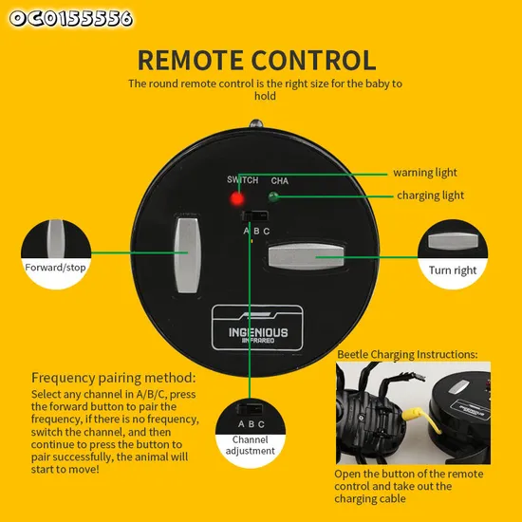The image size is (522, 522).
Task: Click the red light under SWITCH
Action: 237,198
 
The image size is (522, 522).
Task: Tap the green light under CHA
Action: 273,196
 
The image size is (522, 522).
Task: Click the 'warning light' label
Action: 425,173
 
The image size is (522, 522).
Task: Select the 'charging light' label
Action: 430,196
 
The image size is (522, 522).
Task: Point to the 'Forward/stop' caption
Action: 55,268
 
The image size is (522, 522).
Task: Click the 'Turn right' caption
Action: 453,270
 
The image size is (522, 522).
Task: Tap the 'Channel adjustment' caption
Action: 251,445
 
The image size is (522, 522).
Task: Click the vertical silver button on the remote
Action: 188,255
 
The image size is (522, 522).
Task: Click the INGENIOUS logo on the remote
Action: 257,328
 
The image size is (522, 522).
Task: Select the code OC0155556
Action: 71,18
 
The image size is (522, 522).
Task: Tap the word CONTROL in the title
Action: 313,60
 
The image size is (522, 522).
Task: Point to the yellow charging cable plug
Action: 413,414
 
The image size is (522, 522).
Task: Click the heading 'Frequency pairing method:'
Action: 114,378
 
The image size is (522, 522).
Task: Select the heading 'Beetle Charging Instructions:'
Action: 407,355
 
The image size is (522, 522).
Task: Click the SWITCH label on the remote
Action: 243,179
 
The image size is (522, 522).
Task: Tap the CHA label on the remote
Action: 280,180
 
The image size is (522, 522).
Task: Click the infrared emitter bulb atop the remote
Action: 256,123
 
